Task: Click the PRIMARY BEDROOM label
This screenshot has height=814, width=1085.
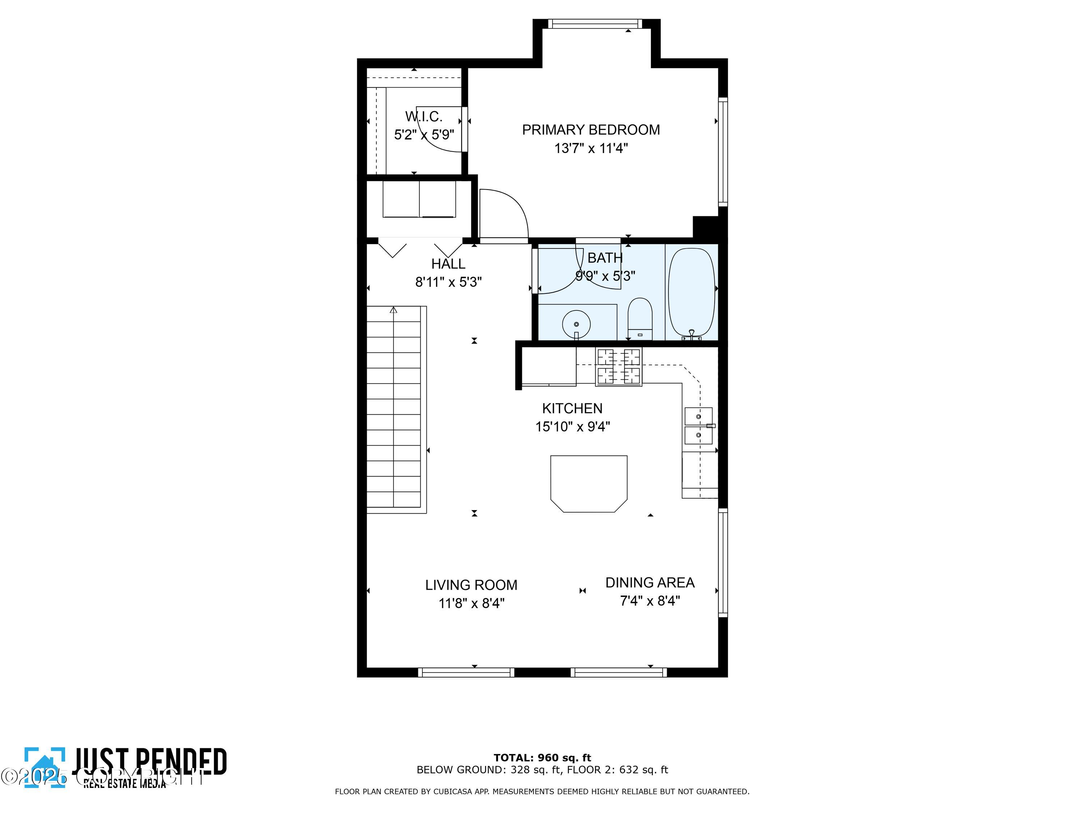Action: [591, 130]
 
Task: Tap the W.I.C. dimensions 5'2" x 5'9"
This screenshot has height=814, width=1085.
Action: [424, 135]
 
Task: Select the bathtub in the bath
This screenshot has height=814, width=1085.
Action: [691, 292]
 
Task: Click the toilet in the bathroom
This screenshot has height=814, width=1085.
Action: [640, 319]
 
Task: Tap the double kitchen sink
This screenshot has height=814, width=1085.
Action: [698, 425]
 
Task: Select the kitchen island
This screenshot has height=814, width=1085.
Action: [588, 483]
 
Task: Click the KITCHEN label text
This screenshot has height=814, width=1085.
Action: [572, 408]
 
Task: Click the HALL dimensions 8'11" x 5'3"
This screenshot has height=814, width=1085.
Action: [448, 282]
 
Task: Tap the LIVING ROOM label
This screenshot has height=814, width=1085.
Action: [471, 585]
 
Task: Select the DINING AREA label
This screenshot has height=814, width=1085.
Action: [650, 582]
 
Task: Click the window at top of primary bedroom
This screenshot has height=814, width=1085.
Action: [595, 24]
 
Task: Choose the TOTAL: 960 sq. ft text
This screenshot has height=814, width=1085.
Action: [542, 758]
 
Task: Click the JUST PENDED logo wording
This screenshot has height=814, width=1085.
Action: [150, 762]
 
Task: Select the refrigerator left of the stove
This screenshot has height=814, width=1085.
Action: [548, 367]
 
